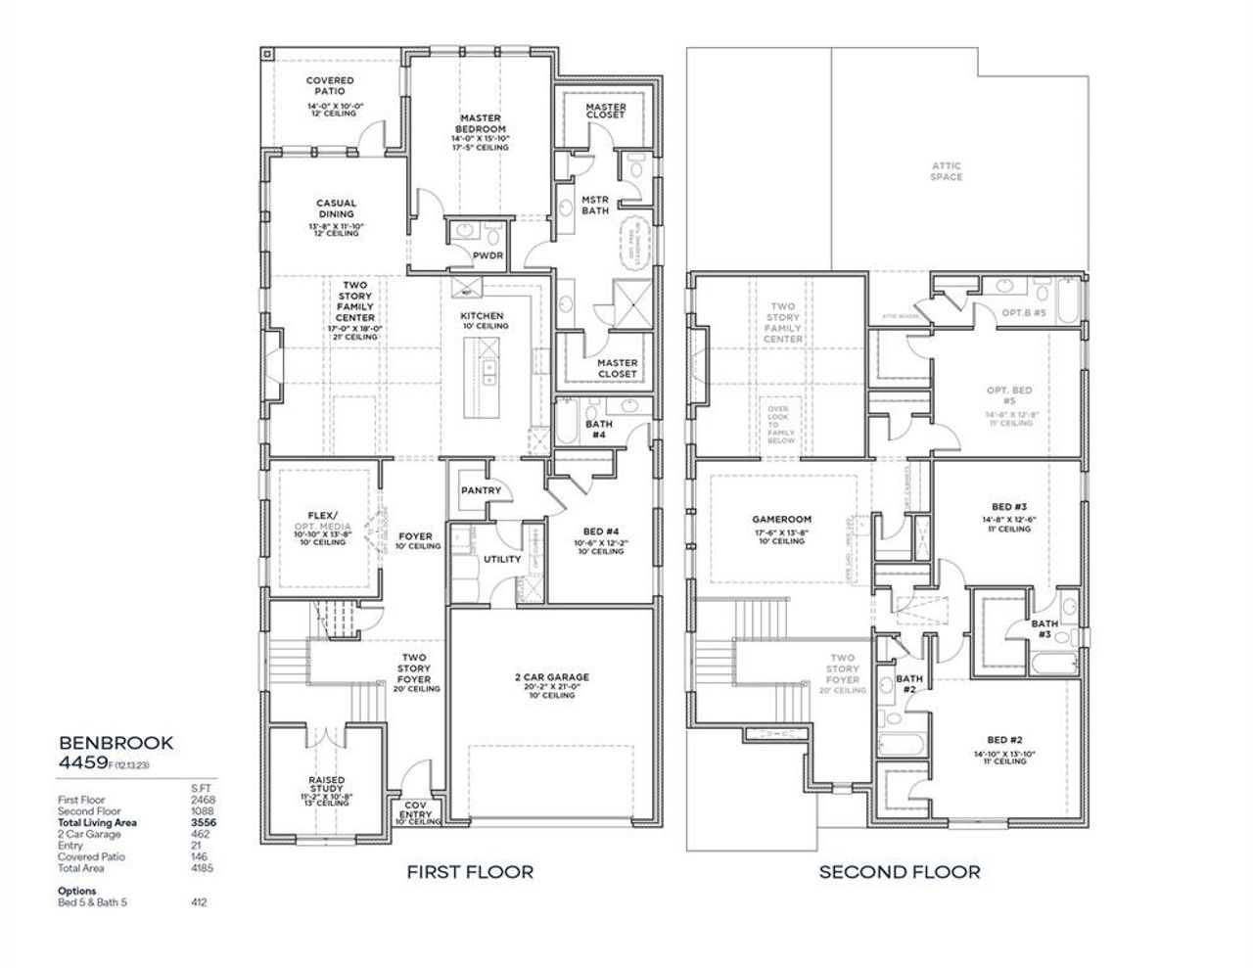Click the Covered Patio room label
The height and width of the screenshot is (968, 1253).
[330, 86]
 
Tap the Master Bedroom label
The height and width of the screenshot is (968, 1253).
[481, 124]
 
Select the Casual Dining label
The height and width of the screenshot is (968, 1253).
[336, 209]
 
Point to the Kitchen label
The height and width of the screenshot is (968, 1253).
[482, 316]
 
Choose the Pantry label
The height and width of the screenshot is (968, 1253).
[481, 490]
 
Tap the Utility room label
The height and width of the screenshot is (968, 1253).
[502, 560]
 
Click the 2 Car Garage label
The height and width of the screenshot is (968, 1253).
[553, 677]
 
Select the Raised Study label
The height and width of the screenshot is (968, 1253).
[326, 785]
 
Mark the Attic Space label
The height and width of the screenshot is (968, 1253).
[947, 171]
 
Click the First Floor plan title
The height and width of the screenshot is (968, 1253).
[470, 871]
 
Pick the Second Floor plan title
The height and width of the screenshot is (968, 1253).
[899, 871]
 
